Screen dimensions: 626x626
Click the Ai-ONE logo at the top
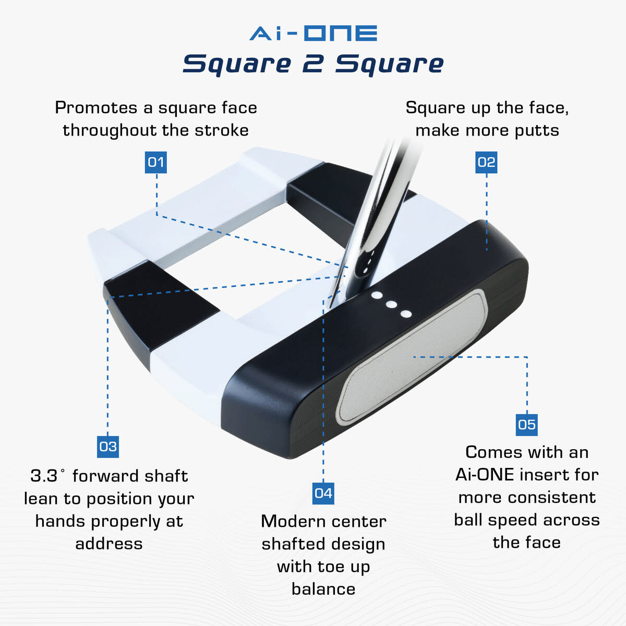point(313,33)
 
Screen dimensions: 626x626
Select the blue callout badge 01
point(155,162)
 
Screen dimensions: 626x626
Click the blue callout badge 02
point(486,162)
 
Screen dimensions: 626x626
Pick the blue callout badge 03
point(108,447)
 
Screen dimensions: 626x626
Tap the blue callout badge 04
point(323,493)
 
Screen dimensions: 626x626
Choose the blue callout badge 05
point(526,425)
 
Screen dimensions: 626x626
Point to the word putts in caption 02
point(536,130)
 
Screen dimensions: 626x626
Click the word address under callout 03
point(109,544)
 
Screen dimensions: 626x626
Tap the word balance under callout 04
point(323,589)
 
